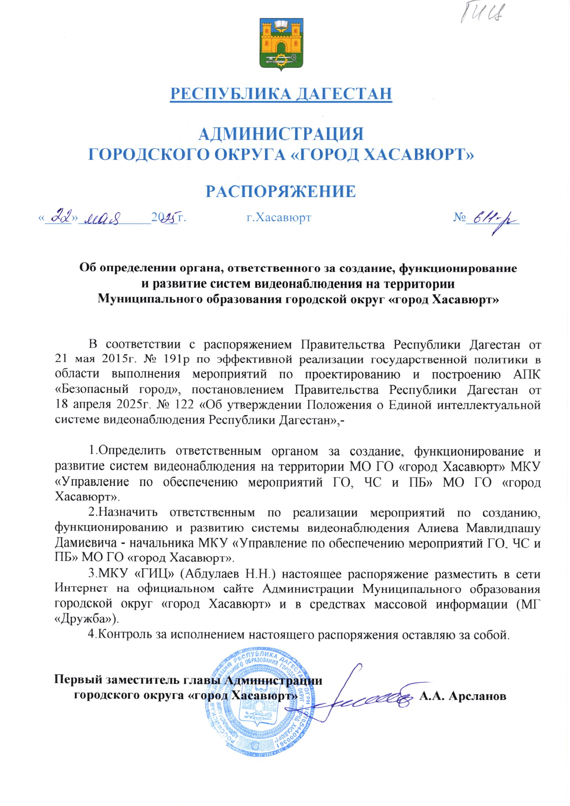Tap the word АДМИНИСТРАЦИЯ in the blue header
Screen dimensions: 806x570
[281, 134]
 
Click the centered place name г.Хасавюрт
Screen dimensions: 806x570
[278, 218]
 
